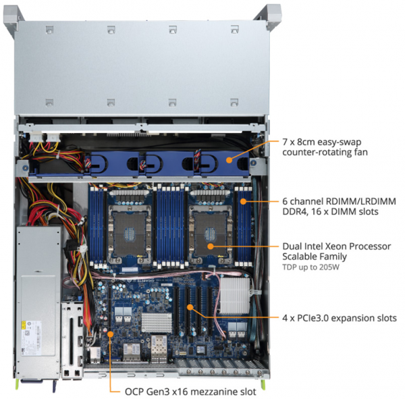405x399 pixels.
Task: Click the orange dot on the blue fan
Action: tap(229, 160)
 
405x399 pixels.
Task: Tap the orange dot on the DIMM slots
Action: tap(243, 201)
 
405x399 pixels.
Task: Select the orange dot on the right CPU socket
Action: tap(211, 246)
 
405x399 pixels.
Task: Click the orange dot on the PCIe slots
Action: tap(190, 307)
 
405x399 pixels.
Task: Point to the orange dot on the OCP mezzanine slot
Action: tap(110, 334)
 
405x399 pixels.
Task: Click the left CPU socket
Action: tap(129, 234)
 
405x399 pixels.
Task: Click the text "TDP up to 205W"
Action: tap(310, 267)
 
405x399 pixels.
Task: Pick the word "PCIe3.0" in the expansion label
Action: tap(313, 318)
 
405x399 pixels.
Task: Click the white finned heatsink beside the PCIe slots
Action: tap(235, 296)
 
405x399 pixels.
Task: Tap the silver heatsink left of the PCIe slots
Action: tap(157, 323)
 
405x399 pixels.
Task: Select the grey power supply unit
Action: tap(38, 302)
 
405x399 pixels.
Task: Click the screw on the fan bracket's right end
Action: tap(254, 163)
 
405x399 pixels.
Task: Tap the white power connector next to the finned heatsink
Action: tap(256, 292)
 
